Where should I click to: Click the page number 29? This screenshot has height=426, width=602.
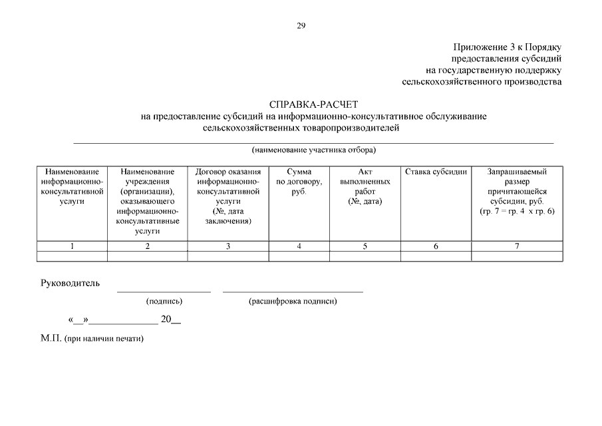point(301,26)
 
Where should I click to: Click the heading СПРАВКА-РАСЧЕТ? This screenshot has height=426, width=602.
point(313,105)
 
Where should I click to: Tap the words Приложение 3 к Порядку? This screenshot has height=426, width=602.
point(508,47)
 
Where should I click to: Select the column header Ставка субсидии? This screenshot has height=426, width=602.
point(436,172)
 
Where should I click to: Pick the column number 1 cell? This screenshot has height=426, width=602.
point(72,246)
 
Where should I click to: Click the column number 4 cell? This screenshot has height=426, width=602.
point(299,246)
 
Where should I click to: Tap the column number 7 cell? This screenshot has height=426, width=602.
point(516,246)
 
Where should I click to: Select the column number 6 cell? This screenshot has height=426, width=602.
point(436,246)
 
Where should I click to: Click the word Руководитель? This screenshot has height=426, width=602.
point(71,284)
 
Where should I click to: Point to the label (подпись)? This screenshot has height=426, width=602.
point(164,302)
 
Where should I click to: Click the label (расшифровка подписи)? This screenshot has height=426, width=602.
point(293,302)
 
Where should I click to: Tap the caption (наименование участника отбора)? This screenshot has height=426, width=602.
point(313,149)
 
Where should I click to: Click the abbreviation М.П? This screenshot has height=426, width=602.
point(51,338)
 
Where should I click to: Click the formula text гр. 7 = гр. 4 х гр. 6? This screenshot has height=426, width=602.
point(516,211)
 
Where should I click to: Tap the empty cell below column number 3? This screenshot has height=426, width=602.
point(228,256)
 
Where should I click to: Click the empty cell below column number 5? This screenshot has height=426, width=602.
point(365,256)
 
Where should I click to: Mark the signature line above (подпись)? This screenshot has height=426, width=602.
point(164,292)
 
